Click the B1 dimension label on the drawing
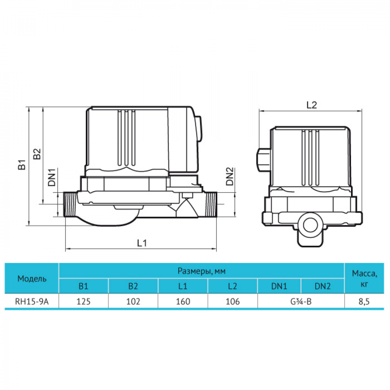(x=23, y=165)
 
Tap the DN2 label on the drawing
(x=230, y=177)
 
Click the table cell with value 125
(x=83, y=301)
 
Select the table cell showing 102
(x=133, y=301)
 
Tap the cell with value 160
(x=183, y=301)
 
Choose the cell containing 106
(x=233, y=301)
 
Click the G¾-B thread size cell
(x=301, y=301)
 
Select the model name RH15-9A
(x=32, y=301)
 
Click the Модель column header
(x=32, y=278)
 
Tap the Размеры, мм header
(x=202, y=271)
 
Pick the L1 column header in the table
(x=183, y=286)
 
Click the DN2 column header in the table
(x=323, y=286)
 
